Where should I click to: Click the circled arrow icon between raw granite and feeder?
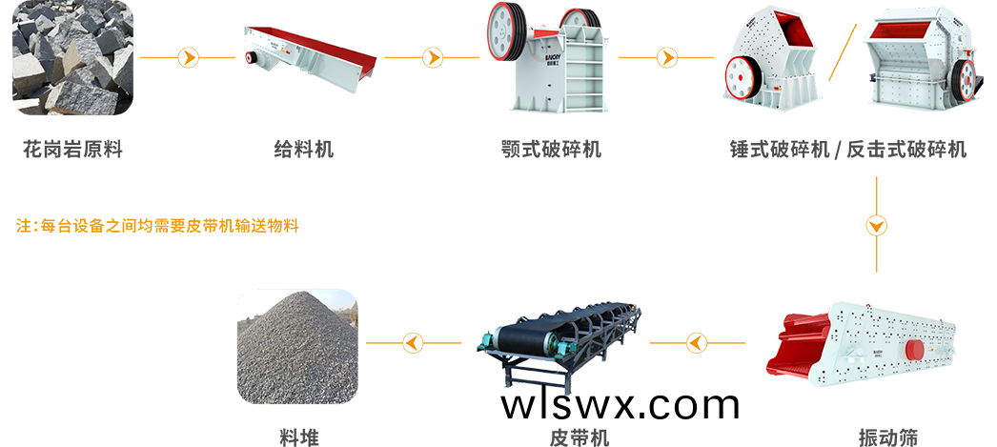click(x=188, y=58)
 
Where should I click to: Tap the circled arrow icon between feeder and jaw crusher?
click(x=433, y=58)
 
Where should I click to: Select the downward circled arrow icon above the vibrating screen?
click(x=876, y=226)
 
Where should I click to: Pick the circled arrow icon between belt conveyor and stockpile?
click(x=414, y=343)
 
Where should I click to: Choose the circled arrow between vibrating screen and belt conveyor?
click(x=697, y=343)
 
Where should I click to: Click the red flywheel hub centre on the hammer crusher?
click(x=739, y=77)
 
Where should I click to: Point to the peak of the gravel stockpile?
click(x=299, y=293)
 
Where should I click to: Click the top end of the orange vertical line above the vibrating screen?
click(x=876, y=177)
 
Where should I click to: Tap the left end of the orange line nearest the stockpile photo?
click(x=367, y=343)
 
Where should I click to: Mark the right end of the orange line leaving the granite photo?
click(x=235, y=58)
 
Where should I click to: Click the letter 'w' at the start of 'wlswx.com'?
click(x=517, y=406)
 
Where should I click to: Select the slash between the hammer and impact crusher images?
click(x=843, y=52)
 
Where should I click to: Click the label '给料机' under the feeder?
click(x=304, y=150)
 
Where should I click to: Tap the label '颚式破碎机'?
click(x=551, y=150)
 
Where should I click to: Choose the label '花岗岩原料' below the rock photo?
click(x=72, y=150)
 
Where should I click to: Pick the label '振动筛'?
click(x=888, y=437)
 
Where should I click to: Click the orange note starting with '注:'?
click(x=157, y=226)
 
